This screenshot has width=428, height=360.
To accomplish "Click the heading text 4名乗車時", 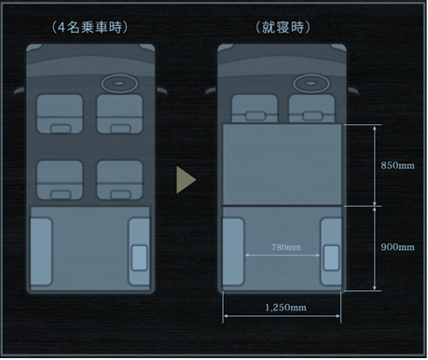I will (90, 28).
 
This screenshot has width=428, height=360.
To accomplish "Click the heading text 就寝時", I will (281, 28).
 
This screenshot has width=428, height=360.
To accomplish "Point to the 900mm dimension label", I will (398, 247).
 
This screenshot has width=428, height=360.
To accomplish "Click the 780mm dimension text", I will (285, 247).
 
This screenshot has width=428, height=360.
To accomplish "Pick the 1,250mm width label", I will (285, 305).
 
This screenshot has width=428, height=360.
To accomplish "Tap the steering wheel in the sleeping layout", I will (309, 83).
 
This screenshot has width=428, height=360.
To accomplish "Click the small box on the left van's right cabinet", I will (140, 256).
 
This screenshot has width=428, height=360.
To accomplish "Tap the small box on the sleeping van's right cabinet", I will (330, 256).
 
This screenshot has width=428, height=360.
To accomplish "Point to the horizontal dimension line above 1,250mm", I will (284, 317).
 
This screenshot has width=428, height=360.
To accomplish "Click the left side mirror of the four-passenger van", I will (20, 90).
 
